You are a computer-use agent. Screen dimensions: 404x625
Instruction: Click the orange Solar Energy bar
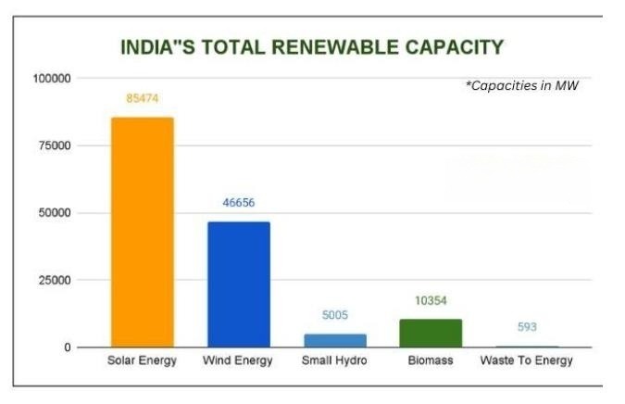pyautogui.click(x=142, y=232)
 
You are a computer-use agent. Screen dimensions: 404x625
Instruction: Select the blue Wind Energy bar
pyautogui.click(x=238, y=284)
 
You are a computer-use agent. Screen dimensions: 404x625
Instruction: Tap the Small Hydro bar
pyautogui.click(x=335, y=340)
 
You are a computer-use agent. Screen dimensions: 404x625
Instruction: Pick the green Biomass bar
pyautogui.click(x=431, y=334)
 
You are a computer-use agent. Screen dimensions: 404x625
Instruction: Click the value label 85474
pyautogui.click(x=142, y=97)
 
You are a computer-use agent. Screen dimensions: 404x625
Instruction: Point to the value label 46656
pyautogui.click(x=238, y=203)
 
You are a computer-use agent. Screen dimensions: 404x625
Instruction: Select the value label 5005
pyautogui.click(x=334, y=315)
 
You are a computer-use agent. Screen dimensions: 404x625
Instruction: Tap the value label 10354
pyautogui.click(x=431, y=301)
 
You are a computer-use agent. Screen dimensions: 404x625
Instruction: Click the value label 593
pyautogui.click(x=527, y=327)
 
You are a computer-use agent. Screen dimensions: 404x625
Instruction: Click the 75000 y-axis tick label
pyautogui.click(x=54, y=146)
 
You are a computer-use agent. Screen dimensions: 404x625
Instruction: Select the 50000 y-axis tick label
pyautogui.click(x=54, y=213)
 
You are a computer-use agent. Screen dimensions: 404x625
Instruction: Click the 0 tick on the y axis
pyautogui.click(x=68, y=347)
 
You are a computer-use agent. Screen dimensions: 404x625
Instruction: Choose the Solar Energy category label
pyautogui.click(x=142, y=360)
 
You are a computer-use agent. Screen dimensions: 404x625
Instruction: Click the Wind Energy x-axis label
pyautogui.click(x=238, y=360)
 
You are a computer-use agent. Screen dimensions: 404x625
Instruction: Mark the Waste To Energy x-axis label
pyautogui.click(x=527, y=360)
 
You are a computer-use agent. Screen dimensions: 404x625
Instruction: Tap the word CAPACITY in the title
pyautogui.click(x=455, y=46)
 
